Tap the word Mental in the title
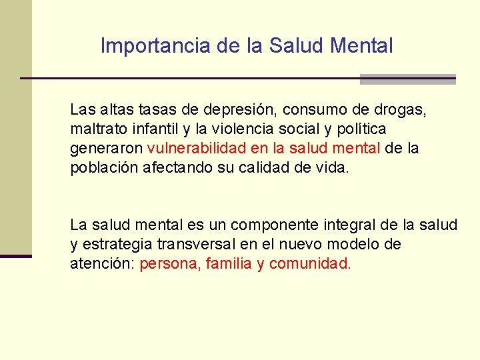coord(363,46)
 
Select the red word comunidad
coord(310,264)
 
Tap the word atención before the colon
coord(102,264)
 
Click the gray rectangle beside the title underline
coord(407,79)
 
